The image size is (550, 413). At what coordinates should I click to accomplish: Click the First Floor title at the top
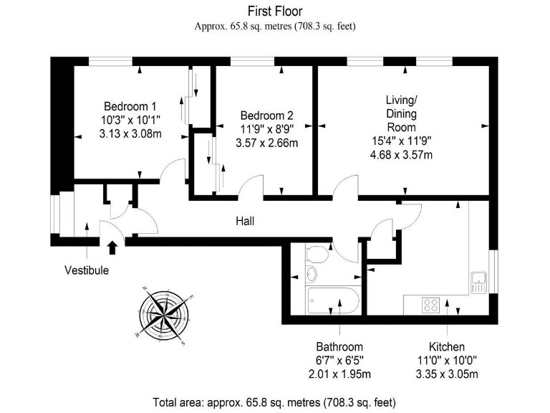275,11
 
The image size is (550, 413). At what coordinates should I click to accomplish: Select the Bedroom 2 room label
266,115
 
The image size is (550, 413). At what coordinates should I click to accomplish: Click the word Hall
245,222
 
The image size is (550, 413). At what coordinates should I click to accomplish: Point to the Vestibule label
87,270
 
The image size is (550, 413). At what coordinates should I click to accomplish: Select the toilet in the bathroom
316,254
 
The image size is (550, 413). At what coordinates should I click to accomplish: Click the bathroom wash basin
312,274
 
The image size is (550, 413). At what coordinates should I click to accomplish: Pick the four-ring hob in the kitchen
431,305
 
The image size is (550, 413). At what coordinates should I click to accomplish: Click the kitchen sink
478,281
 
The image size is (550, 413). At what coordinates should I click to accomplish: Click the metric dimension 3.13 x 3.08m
130,133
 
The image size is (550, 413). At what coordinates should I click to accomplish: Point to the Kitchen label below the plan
448,346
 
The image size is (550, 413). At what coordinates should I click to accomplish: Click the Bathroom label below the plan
340,346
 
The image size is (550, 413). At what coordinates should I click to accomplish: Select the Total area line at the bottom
274,402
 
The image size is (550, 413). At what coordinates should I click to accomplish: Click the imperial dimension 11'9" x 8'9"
266,129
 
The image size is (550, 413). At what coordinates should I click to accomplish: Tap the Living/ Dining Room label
401,114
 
